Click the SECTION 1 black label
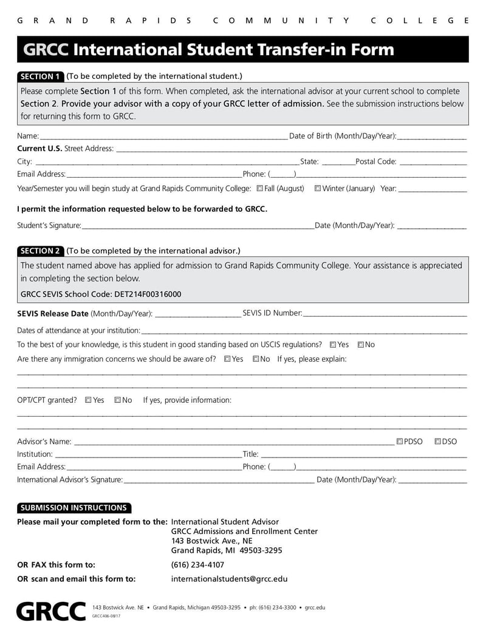40,76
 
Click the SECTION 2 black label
40,251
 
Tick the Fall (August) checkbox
260,189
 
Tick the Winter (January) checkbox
318,189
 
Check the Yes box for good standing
333,345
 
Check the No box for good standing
361,345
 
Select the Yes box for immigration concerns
227,359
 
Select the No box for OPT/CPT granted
118,400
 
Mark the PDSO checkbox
400,442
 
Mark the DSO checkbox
437,442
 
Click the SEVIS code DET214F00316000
148,294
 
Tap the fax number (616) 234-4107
197,564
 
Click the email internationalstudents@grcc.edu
229,579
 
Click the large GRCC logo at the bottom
51,611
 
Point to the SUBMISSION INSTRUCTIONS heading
74,508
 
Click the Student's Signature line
197,225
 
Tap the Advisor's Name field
233,442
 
